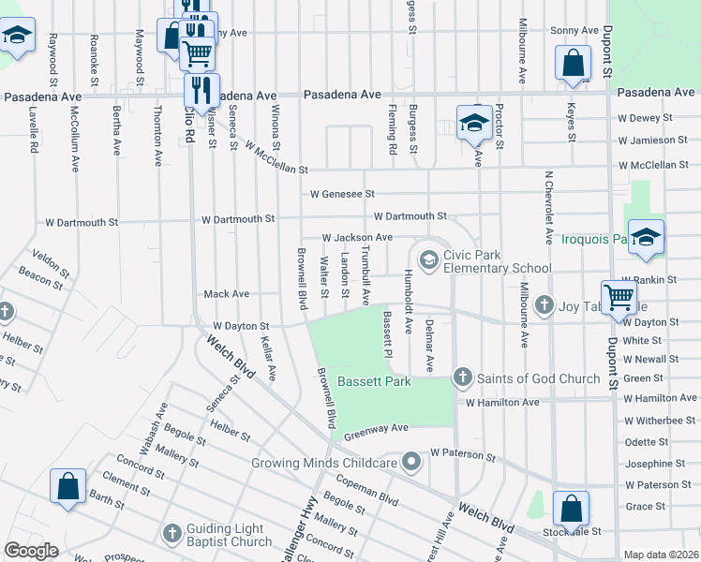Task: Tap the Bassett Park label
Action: coord(375,382)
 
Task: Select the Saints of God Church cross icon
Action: coord(462,377)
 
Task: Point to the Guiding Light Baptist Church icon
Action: coord(172,533)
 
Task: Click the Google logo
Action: coord(31,551)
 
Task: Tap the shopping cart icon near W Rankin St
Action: coord(619,297)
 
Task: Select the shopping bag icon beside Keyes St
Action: coord(573,65)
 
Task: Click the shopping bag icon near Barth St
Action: coord(67,488)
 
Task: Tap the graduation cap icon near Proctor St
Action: coord(474,123)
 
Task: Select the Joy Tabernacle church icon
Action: coord(544,305)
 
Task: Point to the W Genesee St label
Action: coord(343,195)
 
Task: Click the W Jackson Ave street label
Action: coord(357,239)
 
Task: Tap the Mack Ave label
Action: coord(227,294)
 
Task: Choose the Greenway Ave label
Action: coord(377,429)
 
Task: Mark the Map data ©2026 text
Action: coord(661,555)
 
